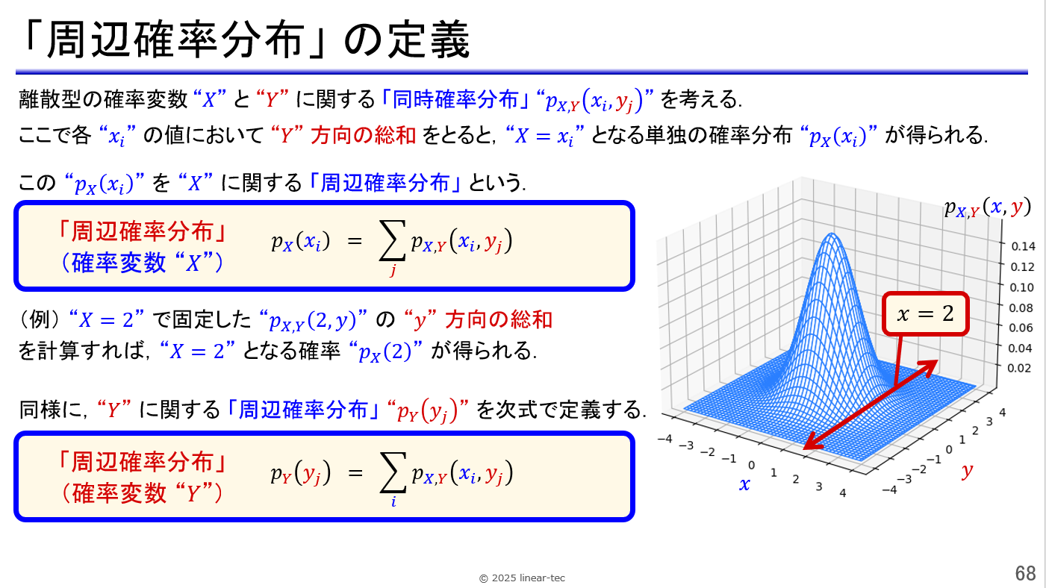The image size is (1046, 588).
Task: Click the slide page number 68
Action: (x=1025, y=572)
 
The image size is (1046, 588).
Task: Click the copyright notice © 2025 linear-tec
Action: (x=522, y=578)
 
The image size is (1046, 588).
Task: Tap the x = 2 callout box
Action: (x=926, y=313)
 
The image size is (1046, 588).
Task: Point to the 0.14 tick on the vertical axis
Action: (x=1023, y=246)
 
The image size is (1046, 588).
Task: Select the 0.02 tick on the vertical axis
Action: (x=1019, y=368)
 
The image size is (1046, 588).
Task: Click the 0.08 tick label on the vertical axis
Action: (x=1021, y=307)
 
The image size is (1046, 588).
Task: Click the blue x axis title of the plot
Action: (x=744, y=484)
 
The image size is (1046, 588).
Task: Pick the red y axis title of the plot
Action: (x=967, y=470)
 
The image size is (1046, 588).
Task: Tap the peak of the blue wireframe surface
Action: (x=832, y=234)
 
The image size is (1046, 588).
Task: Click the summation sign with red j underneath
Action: (x=392, y=240)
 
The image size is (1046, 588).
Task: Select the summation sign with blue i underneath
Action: (x=393, y=472)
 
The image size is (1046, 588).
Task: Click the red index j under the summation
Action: (x=393, y=269)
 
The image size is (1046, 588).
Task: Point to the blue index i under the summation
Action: (x=393, y=501)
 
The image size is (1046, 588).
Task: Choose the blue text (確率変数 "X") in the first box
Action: (x=142, y=263)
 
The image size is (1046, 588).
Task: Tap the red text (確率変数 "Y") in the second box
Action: (x=142, y=493)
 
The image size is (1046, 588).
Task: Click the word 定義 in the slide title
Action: (x=429, y=40)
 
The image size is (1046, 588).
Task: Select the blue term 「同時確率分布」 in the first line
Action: (x=455, y=99)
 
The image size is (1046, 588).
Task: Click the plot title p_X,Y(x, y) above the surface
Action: (x=987, y=207)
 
